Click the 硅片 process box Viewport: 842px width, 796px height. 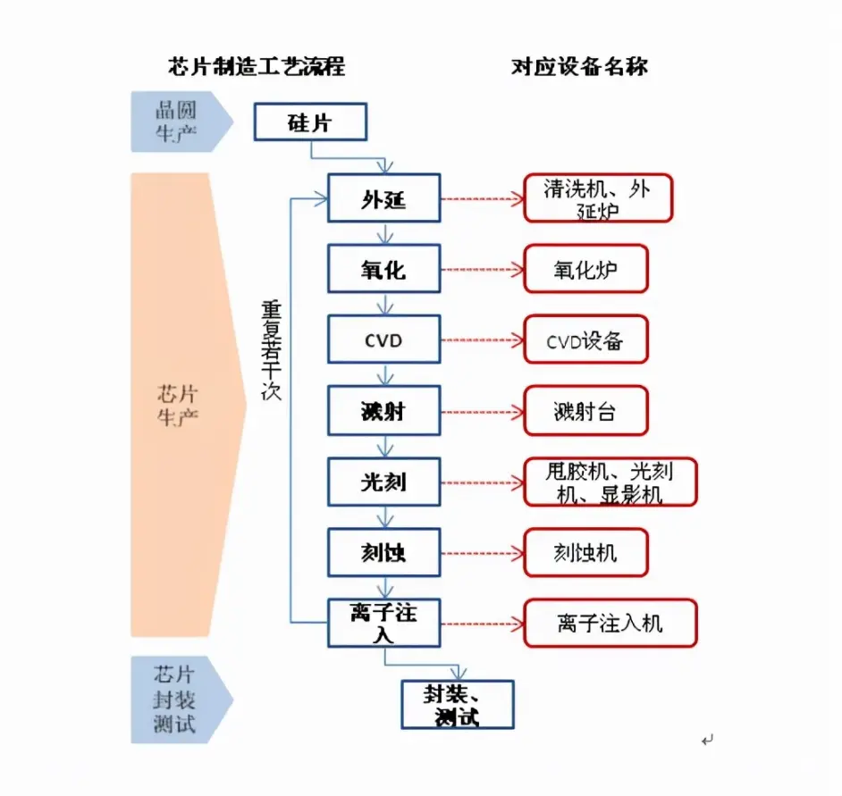coord(310,122)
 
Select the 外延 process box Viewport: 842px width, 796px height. coord(383,198)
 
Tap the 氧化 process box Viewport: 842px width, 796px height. coord(383,269)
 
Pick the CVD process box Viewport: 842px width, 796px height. coord(383,340)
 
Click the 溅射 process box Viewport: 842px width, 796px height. coord(383,411)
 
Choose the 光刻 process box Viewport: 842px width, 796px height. coord(383,482)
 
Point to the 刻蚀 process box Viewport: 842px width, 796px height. coord(383,552)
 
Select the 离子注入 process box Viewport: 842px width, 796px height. coord(383,623)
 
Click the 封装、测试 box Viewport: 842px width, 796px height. coord(457,704)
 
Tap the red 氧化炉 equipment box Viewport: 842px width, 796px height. coord(585,269)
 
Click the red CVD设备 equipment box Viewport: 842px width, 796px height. coord(585,340)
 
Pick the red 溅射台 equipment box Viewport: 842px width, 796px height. coord(585,411)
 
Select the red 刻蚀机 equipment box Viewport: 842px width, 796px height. coord(585,552)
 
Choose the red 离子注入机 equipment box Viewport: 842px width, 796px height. coord(610,623)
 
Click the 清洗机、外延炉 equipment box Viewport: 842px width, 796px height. coord(597,198)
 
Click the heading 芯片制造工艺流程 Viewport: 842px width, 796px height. coord(256,67)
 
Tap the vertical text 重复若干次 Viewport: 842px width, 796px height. coord(271,348)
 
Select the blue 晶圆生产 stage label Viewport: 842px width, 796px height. coord(177,121)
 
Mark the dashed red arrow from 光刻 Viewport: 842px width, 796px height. coord(481,482)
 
